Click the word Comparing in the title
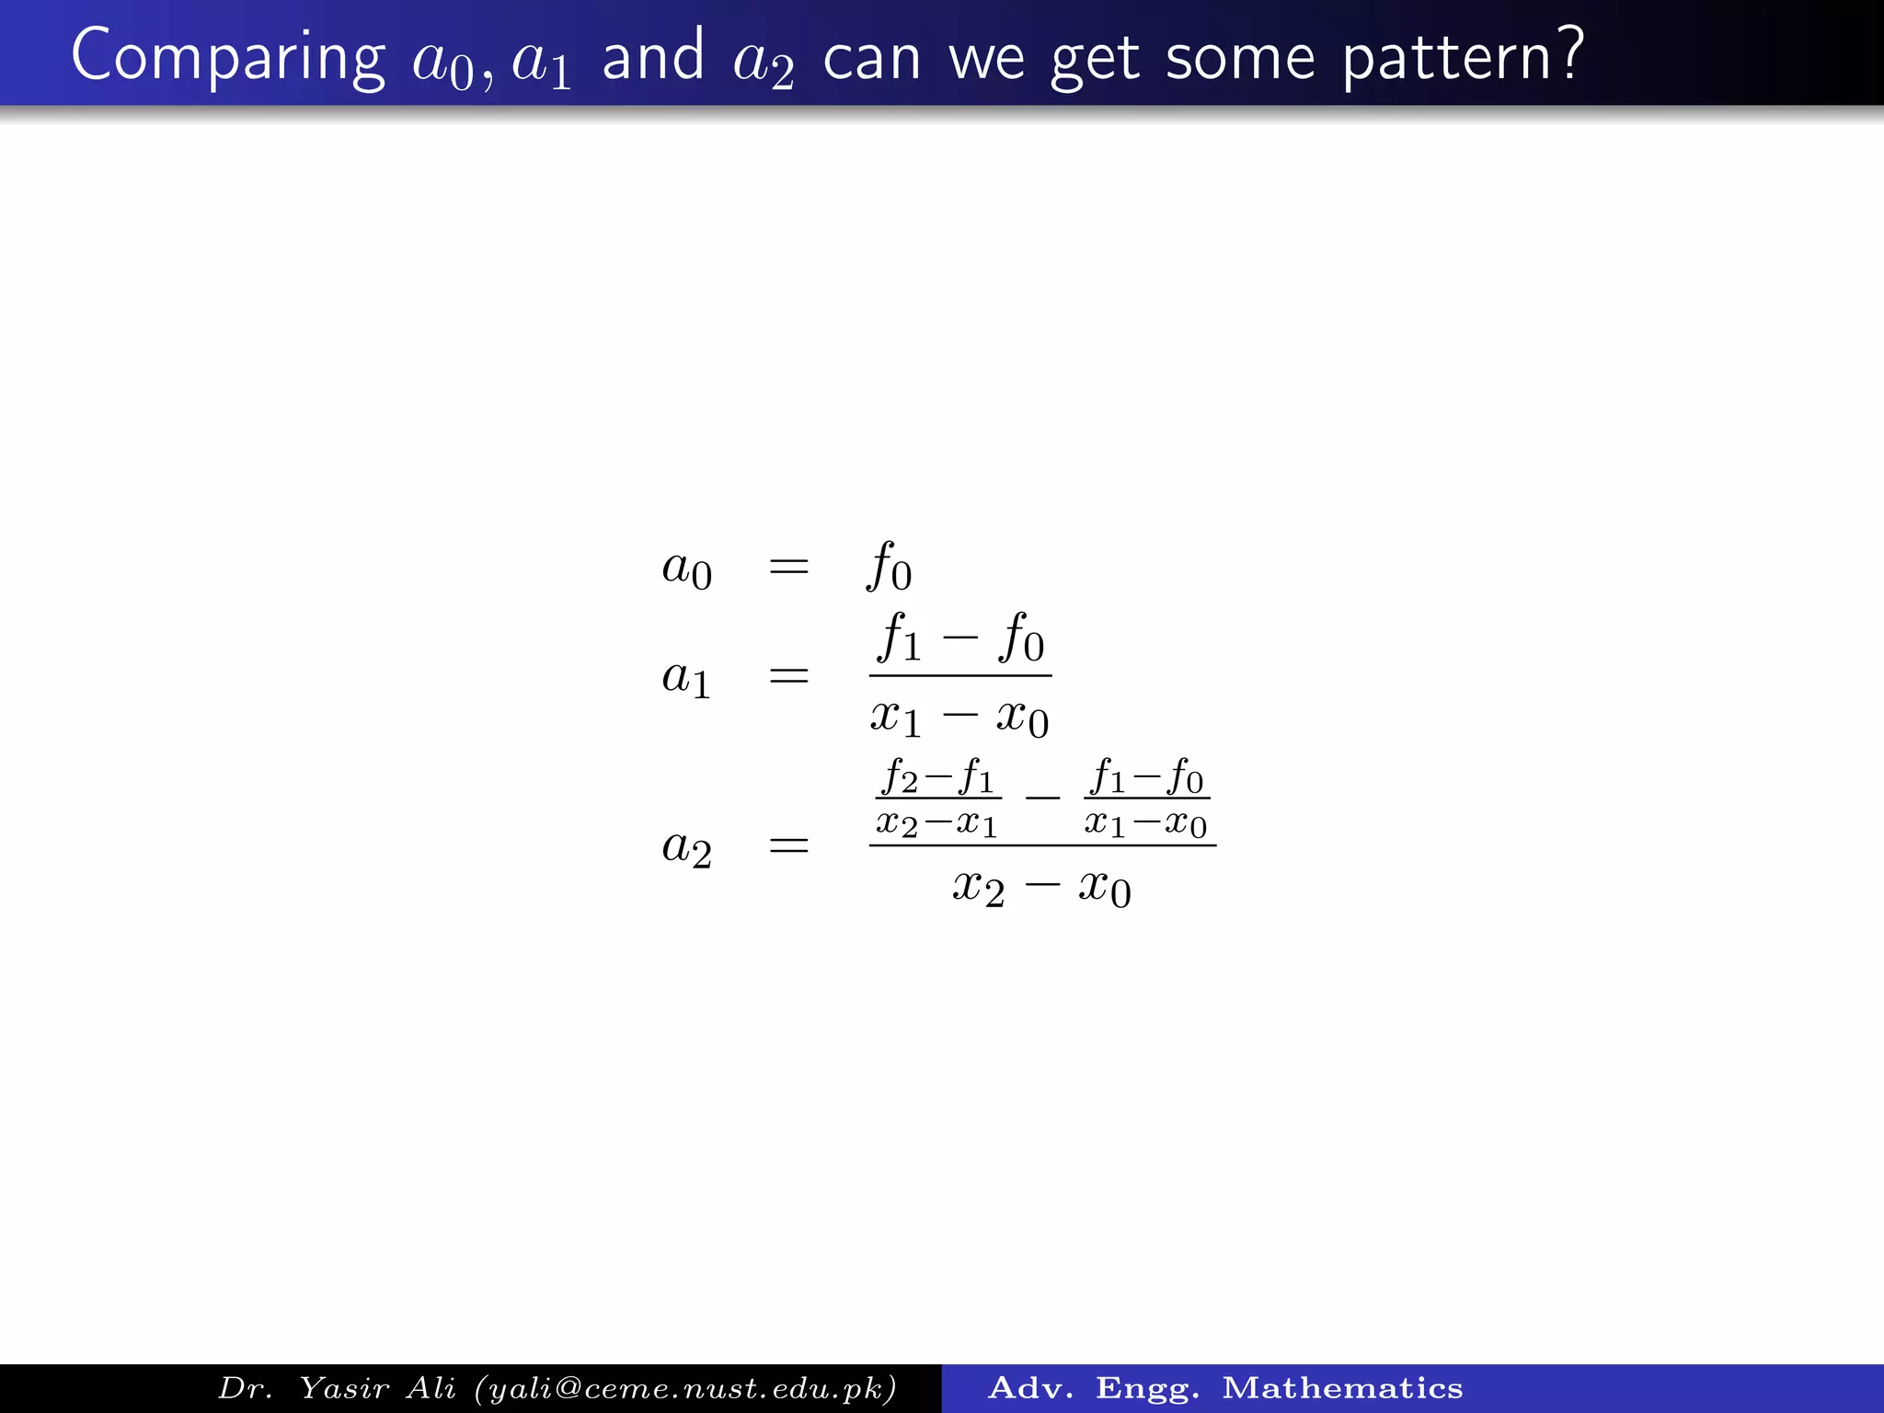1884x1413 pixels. (227, 57)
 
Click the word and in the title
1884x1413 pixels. (652, 57)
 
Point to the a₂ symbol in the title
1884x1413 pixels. (763, 63)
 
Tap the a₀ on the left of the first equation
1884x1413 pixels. (686, 568)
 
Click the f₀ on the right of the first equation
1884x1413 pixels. (889, 566)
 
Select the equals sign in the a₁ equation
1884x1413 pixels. (788, 677)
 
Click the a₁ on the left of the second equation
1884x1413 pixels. (686, 678)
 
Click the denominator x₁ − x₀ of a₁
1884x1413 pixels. (959, 717)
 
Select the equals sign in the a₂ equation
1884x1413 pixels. (788, 845)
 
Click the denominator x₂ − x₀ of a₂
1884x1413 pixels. (1041, 887)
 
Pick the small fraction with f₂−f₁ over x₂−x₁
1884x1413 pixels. (937, 798)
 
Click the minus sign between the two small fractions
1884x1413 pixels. (1042, 798)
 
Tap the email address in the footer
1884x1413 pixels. (685, 1388)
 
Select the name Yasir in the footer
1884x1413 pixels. (345, 1388)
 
